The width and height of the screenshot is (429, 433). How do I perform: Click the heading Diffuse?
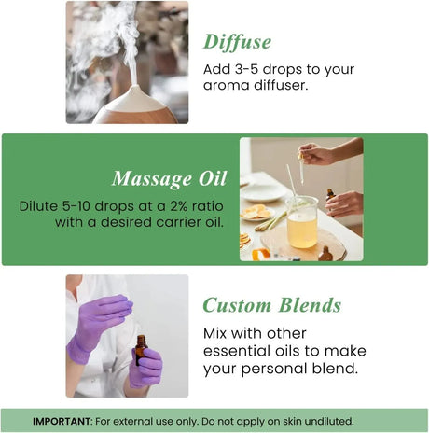238,41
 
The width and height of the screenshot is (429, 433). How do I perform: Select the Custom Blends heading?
272,305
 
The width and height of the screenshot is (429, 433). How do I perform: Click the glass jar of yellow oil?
302,223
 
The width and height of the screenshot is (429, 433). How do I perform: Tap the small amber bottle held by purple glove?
141,350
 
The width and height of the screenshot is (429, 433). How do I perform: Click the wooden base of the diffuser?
135,116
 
